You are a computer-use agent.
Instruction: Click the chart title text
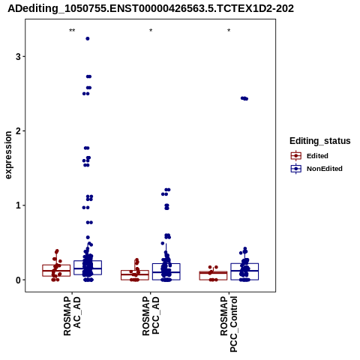[x=151, y=8]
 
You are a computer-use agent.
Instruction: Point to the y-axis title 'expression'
[x=8, y=155]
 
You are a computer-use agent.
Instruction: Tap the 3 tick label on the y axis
[x=18, y=56]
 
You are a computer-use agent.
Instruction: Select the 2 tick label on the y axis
[x=18, y=131]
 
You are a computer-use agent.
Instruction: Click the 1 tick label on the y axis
[x=18, y=205]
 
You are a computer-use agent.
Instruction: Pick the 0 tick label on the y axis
[x=18, y=280]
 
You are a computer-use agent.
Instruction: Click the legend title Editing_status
[x=320, y=141]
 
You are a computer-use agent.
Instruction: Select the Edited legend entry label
[x=317, y=156]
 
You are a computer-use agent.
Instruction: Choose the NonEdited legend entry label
[x=325, y=169]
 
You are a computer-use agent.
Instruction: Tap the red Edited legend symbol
[x=296, y=156]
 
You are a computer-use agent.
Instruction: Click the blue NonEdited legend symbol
[x=296, y=169]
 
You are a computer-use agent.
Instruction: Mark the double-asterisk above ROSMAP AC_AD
[x=72, y=31]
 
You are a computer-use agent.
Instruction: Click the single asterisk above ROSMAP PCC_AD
[x=151, y=31]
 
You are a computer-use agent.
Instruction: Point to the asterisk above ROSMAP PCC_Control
[x=229, y=31]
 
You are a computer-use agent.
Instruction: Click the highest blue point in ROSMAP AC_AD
[x=88, y=38]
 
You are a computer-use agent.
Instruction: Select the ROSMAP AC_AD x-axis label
[x=72, y=316]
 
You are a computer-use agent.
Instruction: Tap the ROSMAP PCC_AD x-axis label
[x=151, y=316]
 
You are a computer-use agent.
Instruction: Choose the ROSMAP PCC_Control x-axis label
[x=229, y=324]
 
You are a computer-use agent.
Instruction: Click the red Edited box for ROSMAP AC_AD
[x=56, y=270]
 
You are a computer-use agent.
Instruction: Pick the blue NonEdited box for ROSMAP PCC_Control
[x=244, y=271]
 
